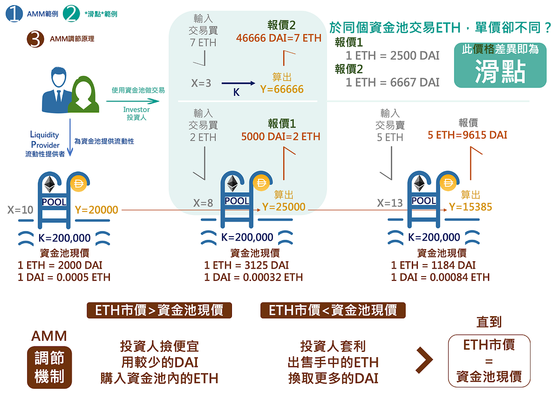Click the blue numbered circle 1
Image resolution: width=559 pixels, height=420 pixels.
(x=14, y=14)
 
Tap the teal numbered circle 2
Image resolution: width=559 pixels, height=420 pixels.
(x=71, y=14)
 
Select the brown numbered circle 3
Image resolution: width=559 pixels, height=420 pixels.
(x=35, y=39)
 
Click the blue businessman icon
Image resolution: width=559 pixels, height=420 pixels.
(x=57, y=90)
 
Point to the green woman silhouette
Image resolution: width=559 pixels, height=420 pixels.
(x=83, y=95)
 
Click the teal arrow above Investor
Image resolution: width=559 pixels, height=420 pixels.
(x=133, y=102)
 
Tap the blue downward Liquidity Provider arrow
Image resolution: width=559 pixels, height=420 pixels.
(x=70, y=137)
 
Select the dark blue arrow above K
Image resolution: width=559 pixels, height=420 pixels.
(x=239, y=83)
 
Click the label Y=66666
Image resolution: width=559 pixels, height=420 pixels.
(x=282, y=89)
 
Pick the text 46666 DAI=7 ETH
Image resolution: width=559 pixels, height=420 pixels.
(x=279, y=38)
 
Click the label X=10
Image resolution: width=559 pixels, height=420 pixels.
(x=20, y=210)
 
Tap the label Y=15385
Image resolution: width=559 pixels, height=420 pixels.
(x=470, y=207)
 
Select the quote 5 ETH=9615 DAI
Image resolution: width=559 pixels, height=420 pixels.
(x=467, y=135)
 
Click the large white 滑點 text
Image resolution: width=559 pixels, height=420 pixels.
(x=500, y=72)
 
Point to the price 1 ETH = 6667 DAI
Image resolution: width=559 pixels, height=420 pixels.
(x=392, y=82)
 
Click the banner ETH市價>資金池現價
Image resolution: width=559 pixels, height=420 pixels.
(x=159, y=310)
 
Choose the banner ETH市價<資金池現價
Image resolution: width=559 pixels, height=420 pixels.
(x=333, y=310)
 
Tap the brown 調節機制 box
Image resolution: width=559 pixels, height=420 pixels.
(x=49, y=367)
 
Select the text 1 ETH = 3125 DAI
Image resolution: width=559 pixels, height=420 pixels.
(x=246, y=265)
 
